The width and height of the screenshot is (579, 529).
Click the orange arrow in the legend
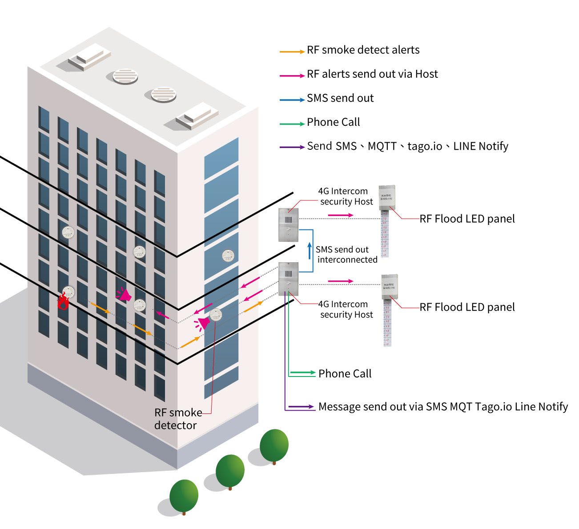(x=292, y=52)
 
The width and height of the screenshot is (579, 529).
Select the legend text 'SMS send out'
(x=340, y=98)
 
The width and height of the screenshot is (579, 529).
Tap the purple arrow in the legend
(x=292, y=147)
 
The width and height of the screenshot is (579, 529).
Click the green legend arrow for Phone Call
(x=292, y=123)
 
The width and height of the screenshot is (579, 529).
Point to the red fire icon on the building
(x=63, y=302)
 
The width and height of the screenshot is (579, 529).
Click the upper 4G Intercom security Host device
(x=288, y=224)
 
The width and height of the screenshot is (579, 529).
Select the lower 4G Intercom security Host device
(x=288, y=278)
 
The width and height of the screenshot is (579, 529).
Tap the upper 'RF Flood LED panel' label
(x=467, y=219)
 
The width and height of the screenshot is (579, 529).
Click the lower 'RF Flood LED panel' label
(x=467, y=307)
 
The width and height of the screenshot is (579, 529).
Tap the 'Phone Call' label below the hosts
(x=345, y=374)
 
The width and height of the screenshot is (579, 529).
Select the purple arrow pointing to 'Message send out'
(x=302, y=407)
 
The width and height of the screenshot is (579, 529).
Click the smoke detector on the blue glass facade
(x=228, y=256)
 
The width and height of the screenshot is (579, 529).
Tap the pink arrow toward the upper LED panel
(x=341, y=215)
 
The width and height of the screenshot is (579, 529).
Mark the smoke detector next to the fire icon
(x=68, y=292)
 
